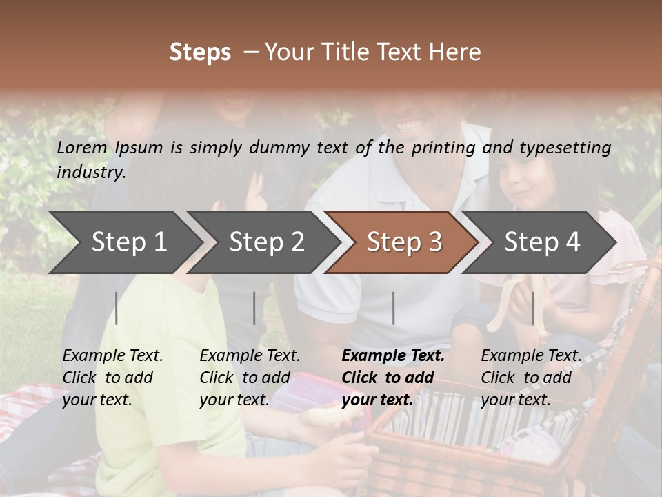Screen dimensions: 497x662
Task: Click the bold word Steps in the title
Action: pos(200,52)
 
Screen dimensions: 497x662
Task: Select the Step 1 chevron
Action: pos(124,242)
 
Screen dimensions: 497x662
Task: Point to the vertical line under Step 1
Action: pos(117,308)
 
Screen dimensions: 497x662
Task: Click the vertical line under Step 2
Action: pos(254,308)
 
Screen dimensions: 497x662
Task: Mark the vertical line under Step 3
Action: pos(393,308)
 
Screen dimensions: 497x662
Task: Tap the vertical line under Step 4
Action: pos(532,308)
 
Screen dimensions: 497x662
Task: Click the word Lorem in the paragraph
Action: pos(82,147)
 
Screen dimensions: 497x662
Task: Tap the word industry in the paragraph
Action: pos(91,172)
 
